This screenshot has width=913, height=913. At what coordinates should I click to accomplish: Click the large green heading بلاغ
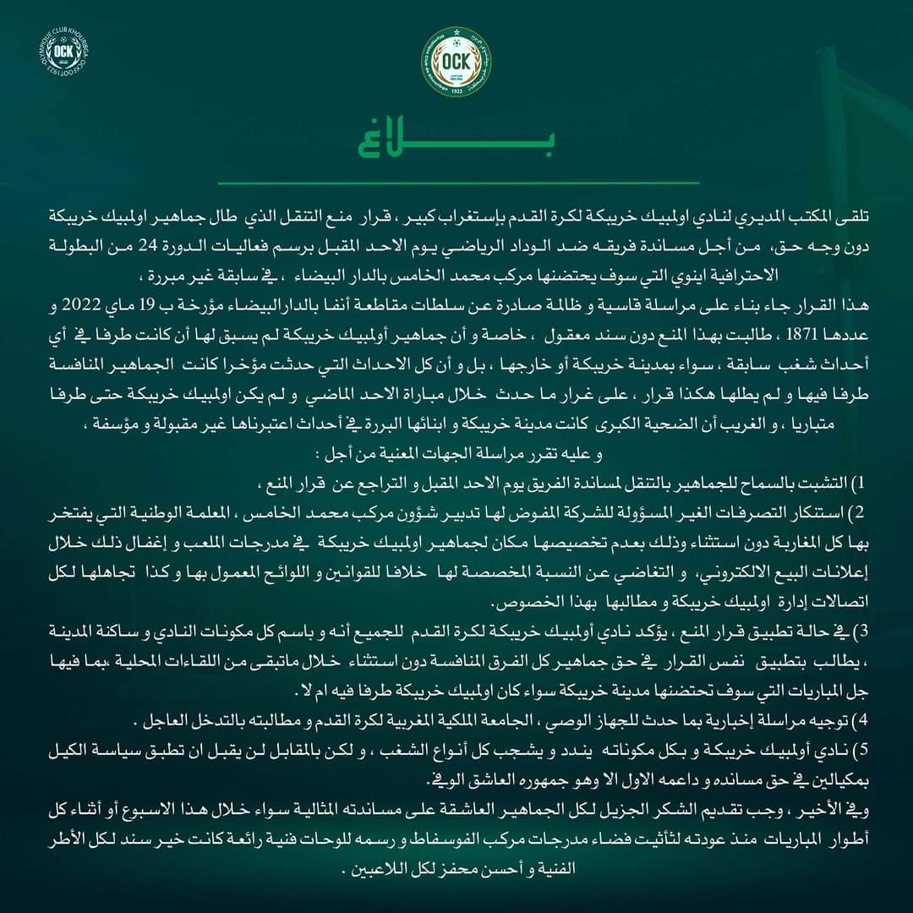(x=456, y=145)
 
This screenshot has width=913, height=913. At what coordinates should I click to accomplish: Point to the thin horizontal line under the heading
(x=456, y=183)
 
